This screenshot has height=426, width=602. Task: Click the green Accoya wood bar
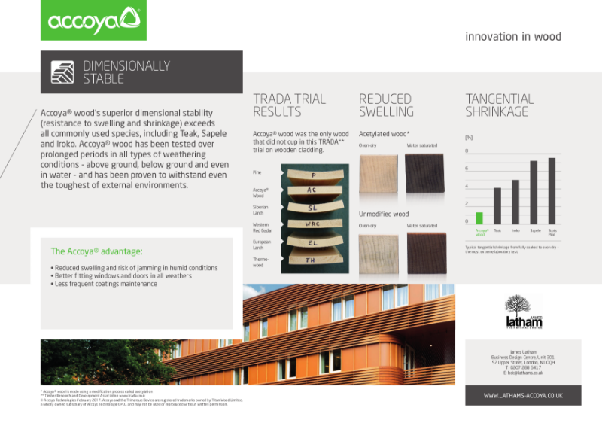tap(479, 219)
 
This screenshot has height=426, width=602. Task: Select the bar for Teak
tap(497, 206)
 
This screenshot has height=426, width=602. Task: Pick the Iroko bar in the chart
tap(515, 202)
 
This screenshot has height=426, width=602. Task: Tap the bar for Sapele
tap(534, 193)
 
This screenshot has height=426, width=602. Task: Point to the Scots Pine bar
tap(552, 191)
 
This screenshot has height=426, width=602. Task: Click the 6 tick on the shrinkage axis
tap(467, 168)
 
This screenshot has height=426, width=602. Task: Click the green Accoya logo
tap(93, 20)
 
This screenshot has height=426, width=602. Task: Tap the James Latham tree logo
tap(524, 310)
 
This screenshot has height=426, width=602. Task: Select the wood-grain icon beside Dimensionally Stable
tap(62, 72)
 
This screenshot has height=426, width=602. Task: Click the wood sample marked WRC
tap(313, 224)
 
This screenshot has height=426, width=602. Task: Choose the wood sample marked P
tap(313, 175)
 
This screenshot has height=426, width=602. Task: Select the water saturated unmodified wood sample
tap(426, 253)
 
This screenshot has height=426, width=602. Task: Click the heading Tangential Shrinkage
tap(500, 105)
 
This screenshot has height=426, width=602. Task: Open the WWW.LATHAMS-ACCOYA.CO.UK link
tap(523, 394)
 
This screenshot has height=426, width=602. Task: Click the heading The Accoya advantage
tap(96, 251)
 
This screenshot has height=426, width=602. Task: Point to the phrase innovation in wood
tap(512, 36)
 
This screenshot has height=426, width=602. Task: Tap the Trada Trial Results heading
tap(289, 105)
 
